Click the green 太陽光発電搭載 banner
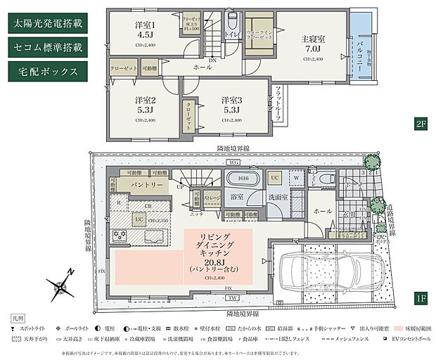coord(47,22)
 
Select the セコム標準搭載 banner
coord(47,47)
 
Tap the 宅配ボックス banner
coord(47,71)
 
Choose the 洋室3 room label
coord(232,105)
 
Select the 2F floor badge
coord(421,124)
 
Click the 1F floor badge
coord(421,298)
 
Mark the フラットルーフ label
coord(278,103)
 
